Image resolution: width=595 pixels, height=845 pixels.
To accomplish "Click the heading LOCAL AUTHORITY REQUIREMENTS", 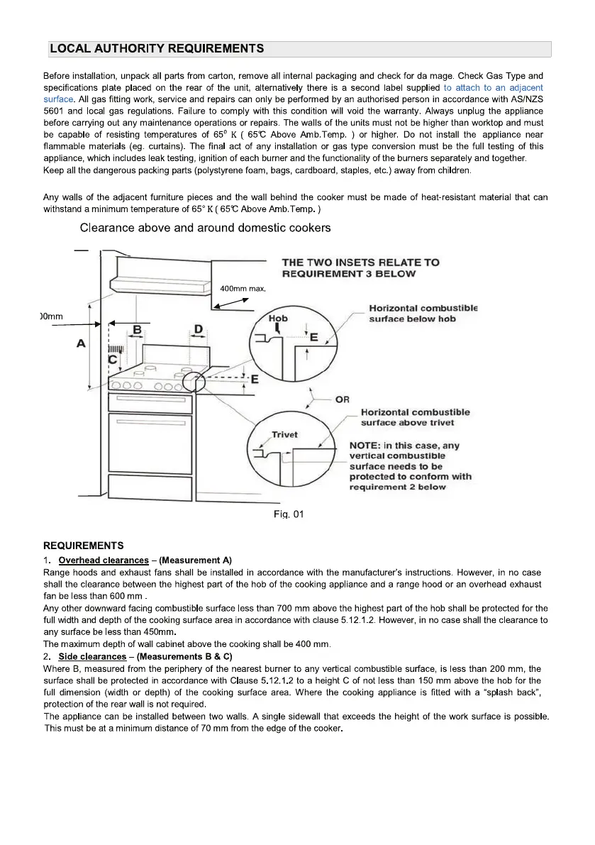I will [157, 49].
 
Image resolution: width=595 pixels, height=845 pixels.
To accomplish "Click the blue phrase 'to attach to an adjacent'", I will [494, 87].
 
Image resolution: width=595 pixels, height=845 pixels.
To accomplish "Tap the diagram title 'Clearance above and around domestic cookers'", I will [205, 228].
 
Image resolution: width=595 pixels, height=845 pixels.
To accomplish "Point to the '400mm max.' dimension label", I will [243, 289].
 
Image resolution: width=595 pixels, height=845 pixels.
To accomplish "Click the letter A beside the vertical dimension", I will [81, 343].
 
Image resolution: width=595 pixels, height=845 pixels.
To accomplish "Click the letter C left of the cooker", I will [112, 360].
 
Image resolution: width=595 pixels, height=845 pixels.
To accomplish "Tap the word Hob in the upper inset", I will [278, 319].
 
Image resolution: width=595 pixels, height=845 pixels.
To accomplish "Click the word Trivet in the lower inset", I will [284, 435].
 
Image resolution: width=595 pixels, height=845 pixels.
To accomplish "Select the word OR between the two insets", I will [342, 399].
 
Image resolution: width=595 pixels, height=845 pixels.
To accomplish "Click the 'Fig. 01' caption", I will [289, 514].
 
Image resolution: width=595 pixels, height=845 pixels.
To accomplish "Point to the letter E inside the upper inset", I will [313, 338].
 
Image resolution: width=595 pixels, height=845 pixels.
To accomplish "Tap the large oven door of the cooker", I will [150, 443].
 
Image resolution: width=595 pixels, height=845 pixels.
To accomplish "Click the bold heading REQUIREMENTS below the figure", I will [84, 546].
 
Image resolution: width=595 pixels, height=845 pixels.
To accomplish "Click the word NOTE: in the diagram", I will [365, 446].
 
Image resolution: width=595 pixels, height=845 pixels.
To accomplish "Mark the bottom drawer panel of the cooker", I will [150, 488].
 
